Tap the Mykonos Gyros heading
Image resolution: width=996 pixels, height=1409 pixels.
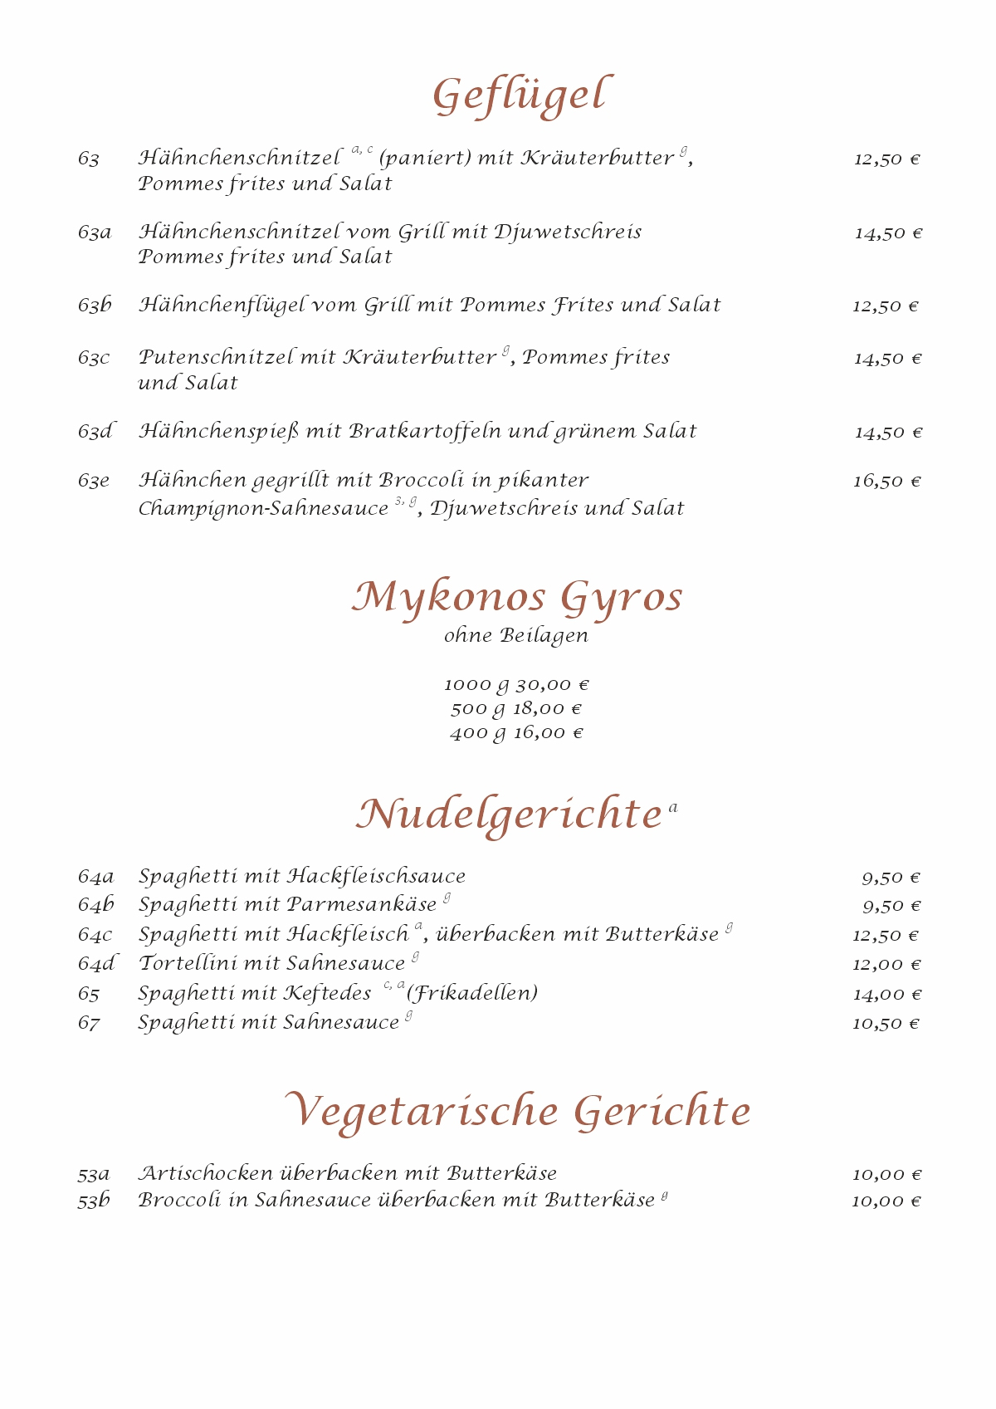[x=516, y=597]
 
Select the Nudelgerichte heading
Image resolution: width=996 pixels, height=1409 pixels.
[x=509, y=814]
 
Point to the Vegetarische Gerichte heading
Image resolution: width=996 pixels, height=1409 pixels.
[x=518, y=1111]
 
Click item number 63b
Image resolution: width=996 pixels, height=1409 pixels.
[x=95, y=306]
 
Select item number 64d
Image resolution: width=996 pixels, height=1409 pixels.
[x=96, y=964]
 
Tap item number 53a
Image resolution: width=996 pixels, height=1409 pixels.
[x=94, y=1174]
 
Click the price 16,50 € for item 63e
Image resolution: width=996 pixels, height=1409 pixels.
[x=886, y=482]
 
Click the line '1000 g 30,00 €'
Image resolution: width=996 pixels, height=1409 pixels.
[x=516, y=685]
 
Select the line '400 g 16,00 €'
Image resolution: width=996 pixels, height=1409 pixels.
[x=516, y=733]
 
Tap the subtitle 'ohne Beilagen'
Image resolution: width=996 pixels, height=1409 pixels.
[x=516, y=636]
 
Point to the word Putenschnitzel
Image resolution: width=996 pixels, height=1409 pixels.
[x=216, y=358]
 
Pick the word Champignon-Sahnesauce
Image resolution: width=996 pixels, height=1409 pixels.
[x=263, y=508]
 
